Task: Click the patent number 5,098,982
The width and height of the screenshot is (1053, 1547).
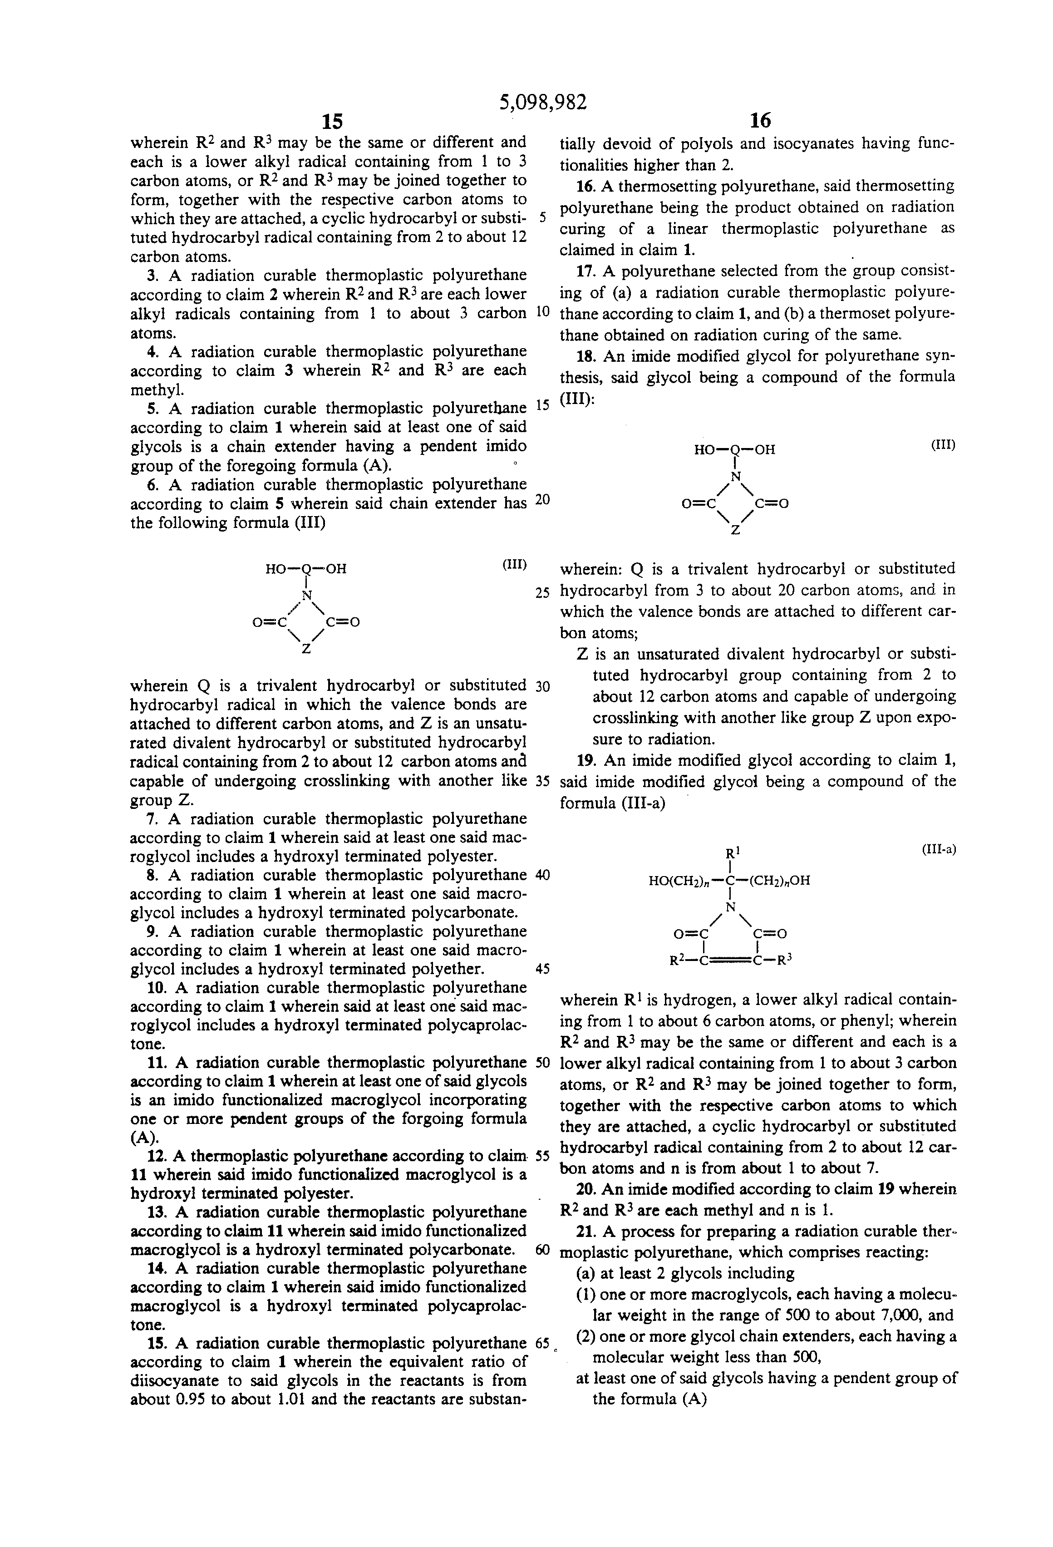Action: point(543,102)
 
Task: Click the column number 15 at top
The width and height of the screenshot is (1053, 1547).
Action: point(332,121)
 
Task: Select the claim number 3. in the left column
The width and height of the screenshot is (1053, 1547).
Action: point(154,276)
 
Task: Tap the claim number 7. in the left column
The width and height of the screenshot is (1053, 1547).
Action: point(154,819)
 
